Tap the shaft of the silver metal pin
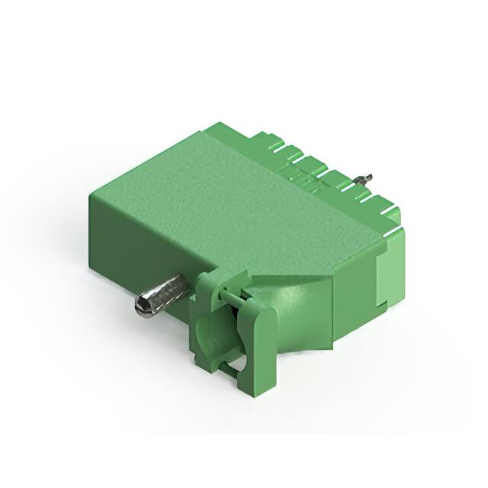[x=168, y=292]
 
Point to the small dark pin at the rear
[x=366, y=180]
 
